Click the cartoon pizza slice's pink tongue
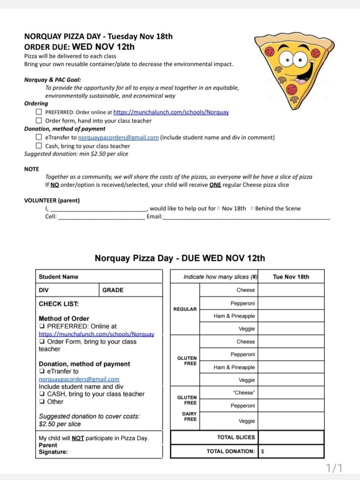302,81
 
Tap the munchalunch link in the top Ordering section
171,112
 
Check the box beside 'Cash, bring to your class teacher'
39,146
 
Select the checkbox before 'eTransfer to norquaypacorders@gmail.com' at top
39,137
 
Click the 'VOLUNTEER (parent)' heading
52,201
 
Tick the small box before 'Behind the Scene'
252,209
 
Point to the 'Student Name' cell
59,277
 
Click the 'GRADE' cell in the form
113,290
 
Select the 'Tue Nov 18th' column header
291,277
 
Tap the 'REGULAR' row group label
185,309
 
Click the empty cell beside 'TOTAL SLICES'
291,437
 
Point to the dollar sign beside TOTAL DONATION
262,451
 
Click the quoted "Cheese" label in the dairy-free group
244,393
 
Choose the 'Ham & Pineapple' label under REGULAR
234,316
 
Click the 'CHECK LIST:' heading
59,304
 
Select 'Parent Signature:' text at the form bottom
53,449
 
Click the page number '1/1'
334,468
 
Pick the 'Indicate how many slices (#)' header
213,277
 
